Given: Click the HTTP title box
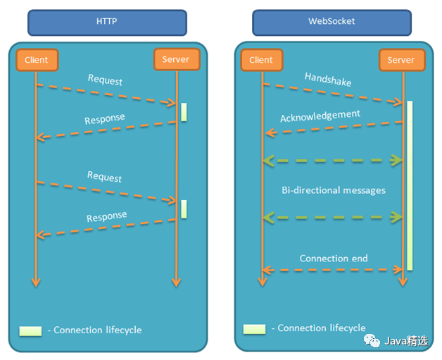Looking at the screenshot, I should point(106,22).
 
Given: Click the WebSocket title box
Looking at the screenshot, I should point(331,22).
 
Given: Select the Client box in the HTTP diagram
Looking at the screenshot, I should point(36,60).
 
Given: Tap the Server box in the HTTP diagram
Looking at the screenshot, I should point(176,59).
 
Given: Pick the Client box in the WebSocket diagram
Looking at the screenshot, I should point(261,60).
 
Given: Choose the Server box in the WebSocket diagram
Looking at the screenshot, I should point(401,60).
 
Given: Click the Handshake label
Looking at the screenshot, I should point(328,79).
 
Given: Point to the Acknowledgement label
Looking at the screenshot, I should point(320,116).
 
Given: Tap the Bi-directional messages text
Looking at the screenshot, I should point(333,190).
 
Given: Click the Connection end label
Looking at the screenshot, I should point(334,258).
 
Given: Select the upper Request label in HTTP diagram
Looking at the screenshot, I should point(105,80).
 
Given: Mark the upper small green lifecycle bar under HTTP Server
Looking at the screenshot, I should point(184,112).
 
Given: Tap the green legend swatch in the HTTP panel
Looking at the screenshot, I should point(31,330).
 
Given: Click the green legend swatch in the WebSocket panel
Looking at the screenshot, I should point(254,328).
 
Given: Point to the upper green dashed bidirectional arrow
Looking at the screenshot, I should point(333,161).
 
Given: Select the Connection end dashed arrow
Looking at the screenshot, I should point(333,270).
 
